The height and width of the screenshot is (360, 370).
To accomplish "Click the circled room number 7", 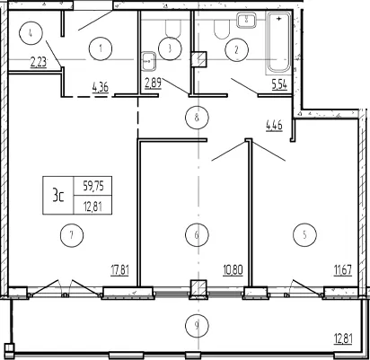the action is click(72, 235).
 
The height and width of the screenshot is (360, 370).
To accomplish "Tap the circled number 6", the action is click(197, 235).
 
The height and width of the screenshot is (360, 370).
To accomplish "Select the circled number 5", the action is click(304, 235).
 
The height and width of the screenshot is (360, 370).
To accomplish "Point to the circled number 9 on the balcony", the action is click(197, 326).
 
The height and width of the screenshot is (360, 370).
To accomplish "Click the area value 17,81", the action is click(119, 270).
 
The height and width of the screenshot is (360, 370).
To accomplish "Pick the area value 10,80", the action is click(233, 270).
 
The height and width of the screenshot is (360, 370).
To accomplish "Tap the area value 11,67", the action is click(343, 270).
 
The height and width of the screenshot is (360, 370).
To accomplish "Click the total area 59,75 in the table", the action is click(93, 187).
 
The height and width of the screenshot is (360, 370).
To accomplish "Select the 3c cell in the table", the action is click(58, 196).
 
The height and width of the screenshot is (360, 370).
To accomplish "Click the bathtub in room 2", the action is click(278, 42).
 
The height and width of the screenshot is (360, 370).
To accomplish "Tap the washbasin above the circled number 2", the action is click(246, 20).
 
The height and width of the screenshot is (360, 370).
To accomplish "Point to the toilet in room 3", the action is click(173, 29).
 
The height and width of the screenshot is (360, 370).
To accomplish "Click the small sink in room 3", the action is click(148, 62).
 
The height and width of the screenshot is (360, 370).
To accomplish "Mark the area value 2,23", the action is click(39, 63).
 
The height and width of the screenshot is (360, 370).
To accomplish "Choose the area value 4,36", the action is click(101, 88).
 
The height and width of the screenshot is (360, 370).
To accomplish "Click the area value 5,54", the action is click(279, 84).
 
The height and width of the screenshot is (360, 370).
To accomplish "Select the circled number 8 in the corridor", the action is click(197, 118).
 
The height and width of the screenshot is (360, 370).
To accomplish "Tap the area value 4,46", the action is click(274, 125).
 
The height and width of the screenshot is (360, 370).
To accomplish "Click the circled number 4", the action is click(31, 33).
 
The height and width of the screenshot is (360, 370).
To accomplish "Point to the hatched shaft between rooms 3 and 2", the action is click(198, 59).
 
